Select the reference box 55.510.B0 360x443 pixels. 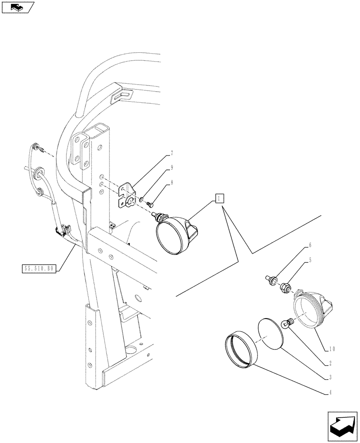click(x=38, y=268)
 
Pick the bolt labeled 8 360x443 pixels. click(x=149, y=204)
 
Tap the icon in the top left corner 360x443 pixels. click(x=17, y=7)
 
